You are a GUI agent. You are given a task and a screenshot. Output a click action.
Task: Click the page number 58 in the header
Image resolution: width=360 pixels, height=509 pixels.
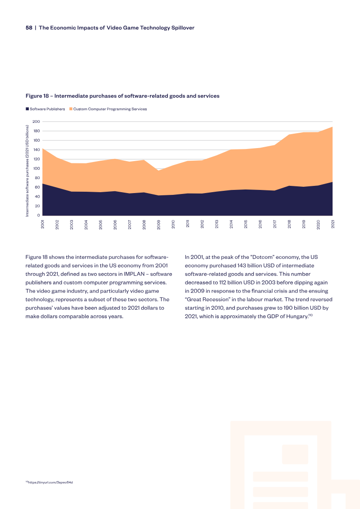[x=29, y=28]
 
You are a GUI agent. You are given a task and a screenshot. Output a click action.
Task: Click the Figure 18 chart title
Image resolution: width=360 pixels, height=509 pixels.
[x=122, y=96]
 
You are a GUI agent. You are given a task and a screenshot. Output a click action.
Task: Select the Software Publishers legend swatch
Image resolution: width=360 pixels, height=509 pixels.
[x=27, y=109]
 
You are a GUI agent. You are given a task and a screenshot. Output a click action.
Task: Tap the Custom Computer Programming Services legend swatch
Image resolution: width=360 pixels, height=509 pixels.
[x=71, y=109]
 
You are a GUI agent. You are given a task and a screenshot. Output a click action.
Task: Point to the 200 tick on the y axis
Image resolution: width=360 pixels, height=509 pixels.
[x=36, y=122]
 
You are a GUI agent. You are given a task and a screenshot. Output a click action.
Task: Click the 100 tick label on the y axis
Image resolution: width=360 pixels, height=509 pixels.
[x=36, y=168]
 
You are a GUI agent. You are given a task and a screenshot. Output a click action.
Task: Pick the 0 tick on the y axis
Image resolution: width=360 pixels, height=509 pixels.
[x=38, y=215]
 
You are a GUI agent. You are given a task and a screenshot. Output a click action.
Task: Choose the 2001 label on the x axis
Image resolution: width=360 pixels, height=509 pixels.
[x=42, y=224]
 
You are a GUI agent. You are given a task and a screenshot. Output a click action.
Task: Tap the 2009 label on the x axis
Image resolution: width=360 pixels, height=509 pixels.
[x=159, y=224]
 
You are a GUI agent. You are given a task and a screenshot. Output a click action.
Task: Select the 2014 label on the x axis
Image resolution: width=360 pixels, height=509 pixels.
[x=231, y=224]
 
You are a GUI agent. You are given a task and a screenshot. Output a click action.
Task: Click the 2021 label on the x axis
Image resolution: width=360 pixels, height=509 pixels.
[x=333, y=224]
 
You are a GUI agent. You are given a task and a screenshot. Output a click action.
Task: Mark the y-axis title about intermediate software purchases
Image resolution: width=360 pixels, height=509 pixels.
[x=27, y=171]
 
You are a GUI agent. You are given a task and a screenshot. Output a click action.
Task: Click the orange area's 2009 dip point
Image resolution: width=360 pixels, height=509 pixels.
[x=159, y=171]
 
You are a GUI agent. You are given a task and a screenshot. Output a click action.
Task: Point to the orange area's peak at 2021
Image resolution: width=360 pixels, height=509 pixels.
[x=333, y=127]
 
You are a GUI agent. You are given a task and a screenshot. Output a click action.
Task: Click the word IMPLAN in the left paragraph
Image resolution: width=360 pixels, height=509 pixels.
[x=134, y=274]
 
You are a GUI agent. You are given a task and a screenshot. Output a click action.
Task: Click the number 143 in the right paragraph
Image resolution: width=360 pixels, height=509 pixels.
[x=242, y=266]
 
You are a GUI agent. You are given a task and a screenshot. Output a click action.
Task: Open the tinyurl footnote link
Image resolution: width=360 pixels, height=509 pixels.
[x=49, y=482]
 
